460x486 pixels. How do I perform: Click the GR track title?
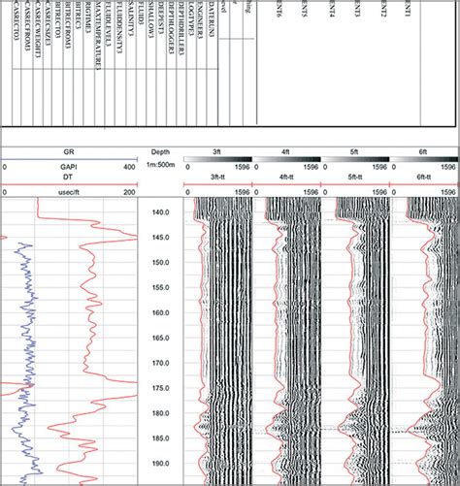pos(69,152)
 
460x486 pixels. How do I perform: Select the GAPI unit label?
pos(69,166)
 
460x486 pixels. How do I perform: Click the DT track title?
pos(69,178)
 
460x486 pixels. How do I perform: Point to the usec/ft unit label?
pos(69,192)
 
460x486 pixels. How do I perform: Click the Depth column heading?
pos(161,152)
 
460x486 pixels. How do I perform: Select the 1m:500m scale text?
pos(161,166)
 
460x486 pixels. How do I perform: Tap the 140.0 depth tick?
pos(161,211)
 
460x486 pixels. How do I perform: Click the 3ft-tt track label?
pos(217,178)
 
